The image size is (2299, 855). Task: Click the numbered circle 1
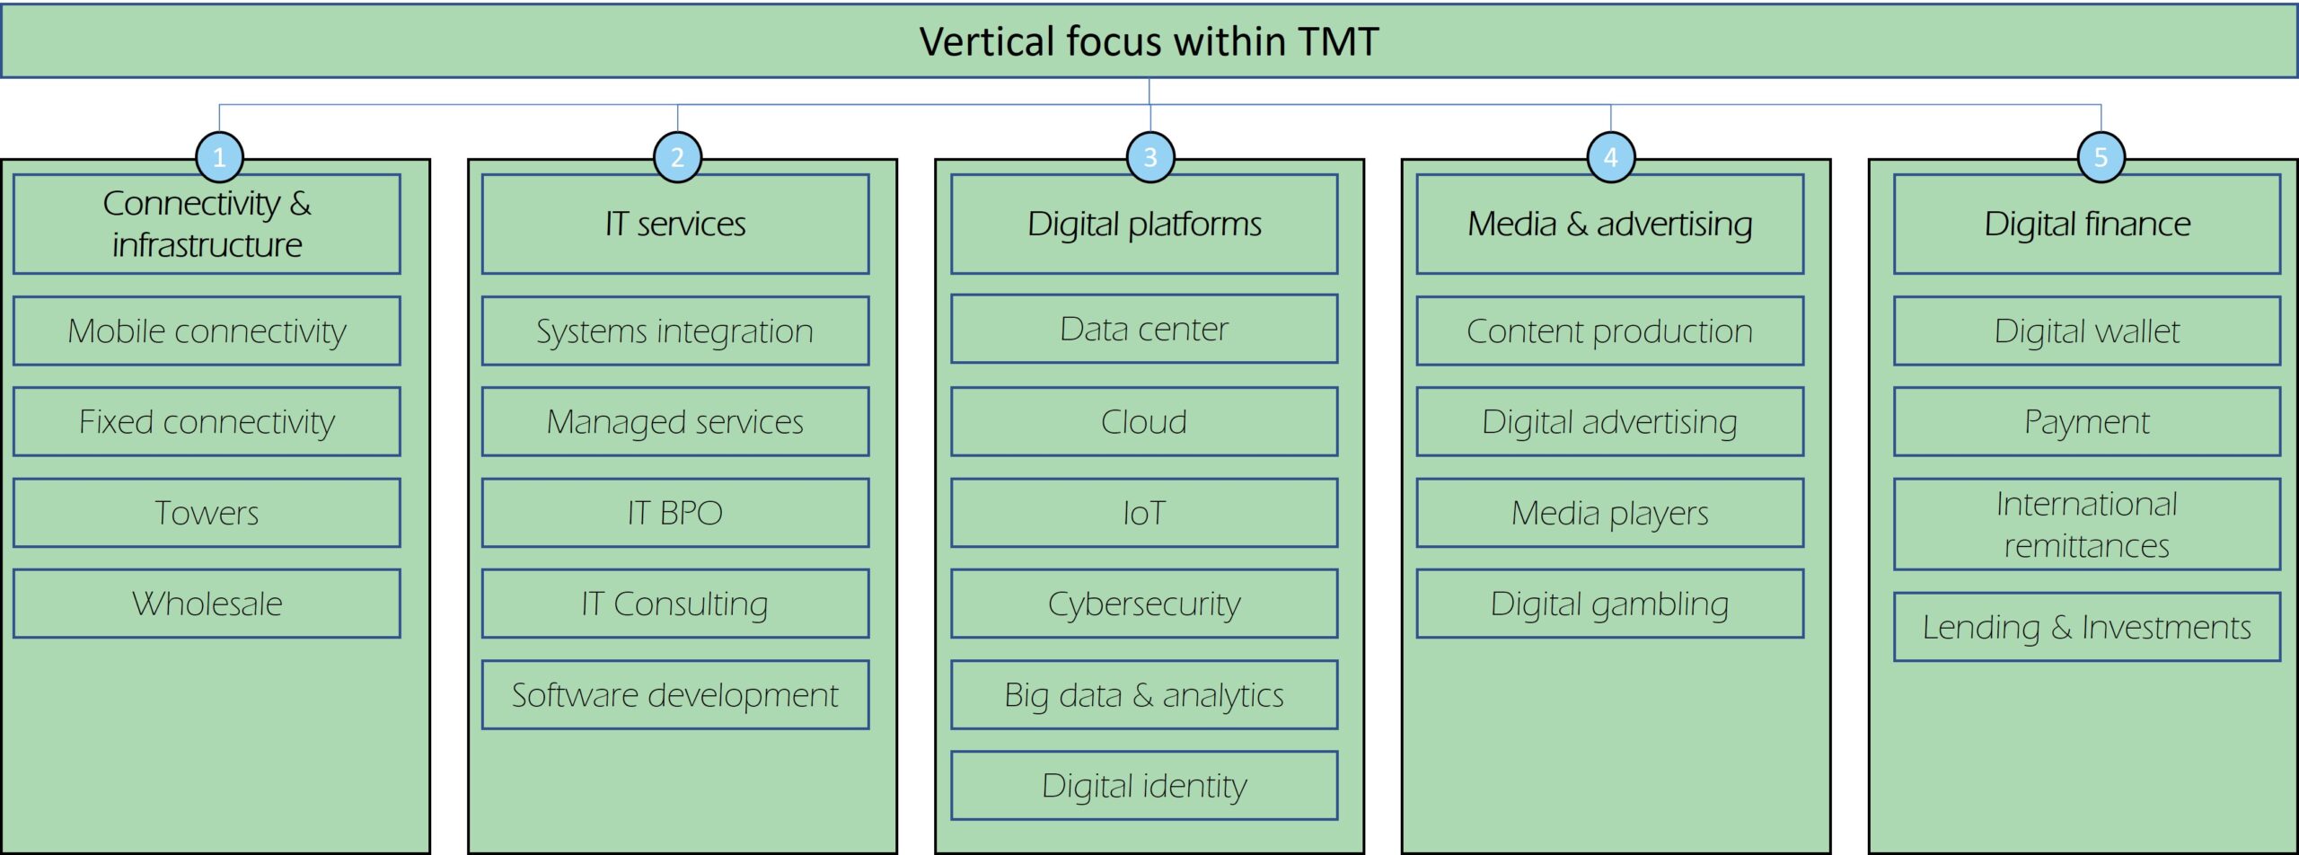[219, 157]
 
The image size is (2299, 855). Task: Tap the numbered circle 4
[1610, 157]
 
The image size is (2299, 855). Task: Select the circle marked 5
[2101, 157]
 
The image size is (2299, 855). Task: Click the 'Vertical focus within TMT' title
[1149, 41]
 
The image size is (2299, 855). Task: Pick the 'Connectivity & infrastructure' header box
[207, 224]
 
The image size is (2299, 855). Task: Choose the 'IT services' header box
[675, 224]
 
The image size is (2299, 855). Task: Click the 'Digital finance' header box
[2087, 224]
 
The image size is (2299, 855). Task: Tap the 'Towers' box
[207, 513]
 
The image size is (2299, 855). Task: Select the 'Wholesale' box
[207, 604]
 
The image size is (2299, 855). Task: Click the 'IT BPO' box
[675, 513]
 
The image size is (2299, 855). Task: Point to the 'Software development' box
[675, 695]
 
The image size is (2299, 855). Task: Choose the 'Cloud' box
[1144, 421]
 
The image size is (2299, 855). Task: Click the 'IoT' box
[1144, 513]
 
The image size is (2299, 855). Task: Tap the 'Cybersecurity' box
[1144, 604]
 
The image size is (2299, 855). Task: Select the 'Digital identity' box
[1144, 786]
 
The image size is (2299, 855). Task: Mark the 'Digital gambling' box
[1610, 604]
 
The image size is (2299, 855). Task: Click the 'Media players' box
[1610, 513]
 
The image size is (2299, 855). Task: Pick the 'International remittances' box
[2087, 524]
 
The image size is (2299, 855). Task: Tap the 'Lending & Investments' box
[2087, 627]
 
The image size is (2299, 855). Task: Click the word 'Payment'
[2087, 422]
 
